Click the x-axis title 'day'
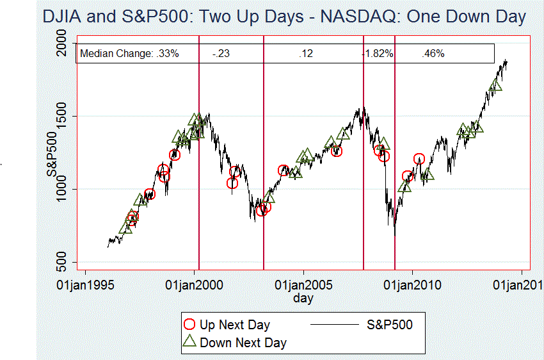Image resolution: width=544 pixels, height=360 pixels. [303, 298]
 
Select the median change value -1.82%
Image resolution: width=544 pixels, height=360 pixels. [378, 54]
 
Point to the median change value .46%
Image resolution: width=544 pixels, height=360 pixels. [433, 54]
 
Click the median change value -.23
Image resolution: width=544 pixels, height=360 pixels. [221, 54]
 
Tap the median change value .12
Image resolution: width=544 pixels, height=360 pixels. [305, 54]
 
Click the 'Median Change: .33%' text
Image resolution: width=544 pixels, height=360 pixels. [129, 54]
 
